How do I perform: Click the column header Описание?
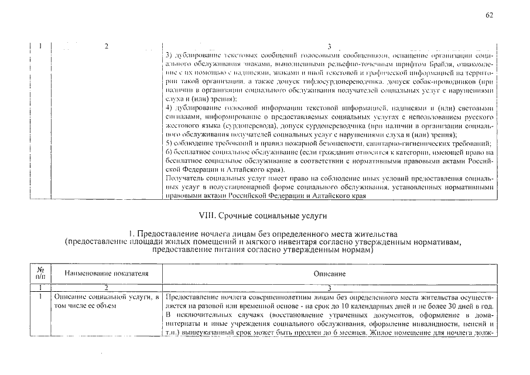pyautogui.click(x=329, y=274)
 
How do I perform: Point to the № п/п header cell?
pyautogui.click(x=40, y=273)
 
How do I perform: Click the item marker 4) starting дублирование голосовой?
pyautogui.click(x=170, y=108)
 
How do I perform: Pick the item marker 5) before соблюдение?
pyautogui.click(x=170, y=144)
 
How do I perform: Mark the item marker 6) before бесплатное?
pyautogui.click(x=170, y=152)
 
